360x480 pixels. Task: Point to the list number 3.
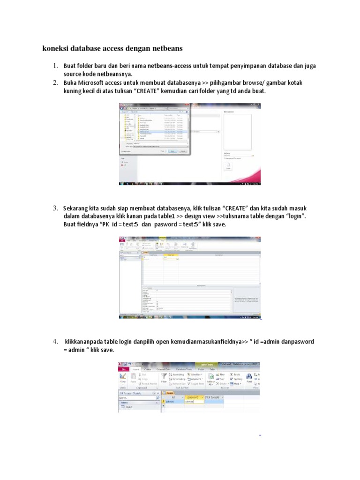tap(55, 208)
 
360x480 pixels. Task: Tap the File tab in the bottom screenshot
tap(124, 369)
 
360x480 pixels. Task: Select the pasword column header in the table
tap(192, 397)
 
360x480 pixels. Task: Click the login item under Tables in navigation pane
tap(129, 407)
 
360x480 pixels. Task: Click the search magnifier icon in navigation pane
tap(158, 397)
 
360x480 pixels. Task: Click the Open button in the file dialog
tap(172, 151)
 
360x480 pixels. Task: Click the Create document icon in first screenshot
tap(228, 165)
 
